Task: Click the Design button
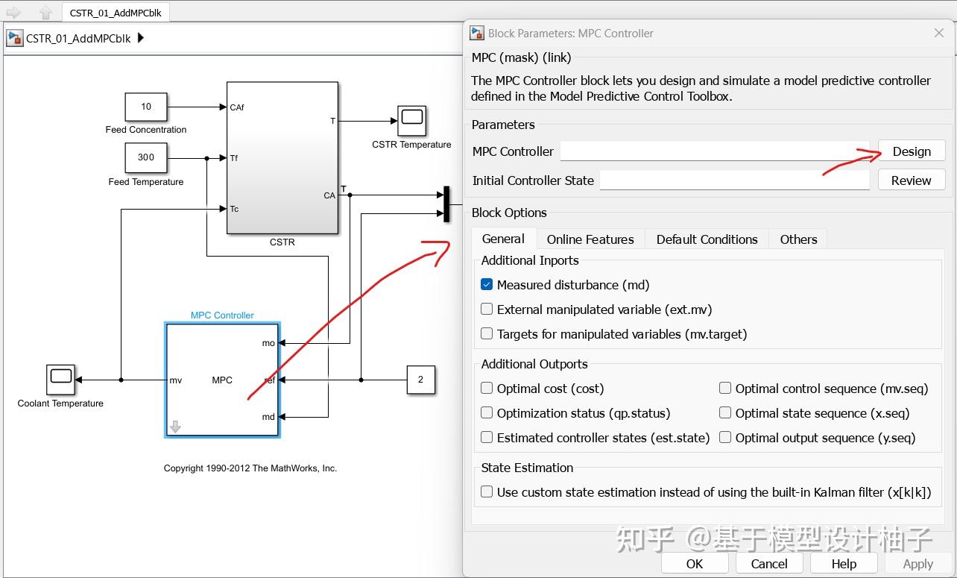pos(911,151)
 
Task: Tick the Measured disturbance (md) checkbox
pos(487,285)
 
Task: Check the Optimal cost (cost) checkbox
pos(487,389)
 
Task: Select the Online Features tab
pos(590,239)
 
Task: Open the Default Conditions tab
pos(707,239)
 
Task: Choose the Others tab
pos(798,239)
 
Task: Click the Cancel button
pos(768,564)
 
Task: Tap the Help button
pos(844,564)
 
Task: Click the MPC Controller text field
pos(714,151)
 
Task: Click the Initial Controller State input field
pos(734,180)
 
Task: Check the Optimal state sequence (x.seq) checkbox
pos(725,413)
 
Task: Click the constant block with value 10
pos(146,107)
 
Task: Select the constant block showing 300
pos(146,157)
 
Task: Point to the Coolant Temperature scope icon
pos(60,380)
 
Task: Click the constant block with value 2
pos(420,380)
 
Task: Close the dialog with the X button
pos(939,33)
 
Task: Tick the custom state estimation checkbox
pos(487,492)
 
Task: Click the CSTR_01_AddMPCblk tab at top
pos(116,13)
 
